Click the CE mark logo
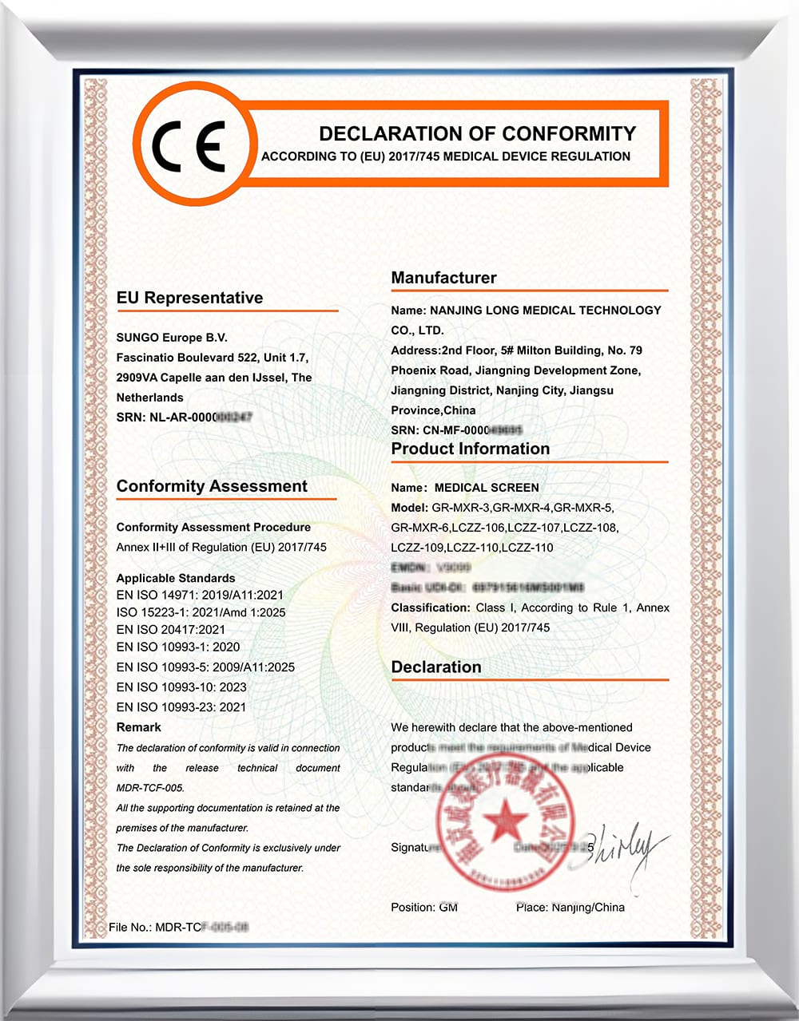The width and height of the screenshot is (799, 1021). (x=189, y=147)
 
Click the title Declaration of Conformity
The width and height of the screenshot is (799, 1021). (x=477, y=133)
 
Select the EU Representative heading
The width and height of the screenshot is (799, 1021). (x=189, y=298)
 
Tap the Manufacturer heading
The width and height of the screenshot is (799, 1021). (x=443, y=278)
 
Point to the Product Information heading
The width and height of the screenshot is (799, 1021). (x=470, y=449)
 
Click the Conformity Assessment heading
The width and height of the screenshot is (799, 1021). (x=212, y=486)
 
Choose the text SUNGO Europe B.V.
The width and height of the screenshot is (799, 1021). (x=172, y=338)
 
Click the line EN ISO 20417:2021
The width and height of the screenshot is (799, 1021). (x=170, y=630)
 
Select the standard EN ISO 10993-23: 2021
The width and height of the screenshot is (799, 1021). (x=181, y=706)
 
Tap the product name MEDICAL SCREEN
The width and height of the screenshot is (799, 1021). (x=486, y=487)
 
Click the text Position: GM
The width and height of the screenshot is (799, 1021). (x=423, y=907)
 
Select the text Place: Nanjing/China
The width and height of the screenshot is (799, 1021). (x=570, y=907)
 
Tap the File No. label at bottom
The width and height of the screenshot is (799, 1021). (x=130, y=927)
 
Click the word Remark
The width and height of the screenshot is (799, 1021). (x=138, y=727)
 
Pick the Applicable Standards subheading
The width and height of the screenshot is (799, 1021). (x=176, y=578)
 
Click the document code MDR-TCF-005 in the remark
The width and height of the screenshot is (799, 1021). (x=150, y=788)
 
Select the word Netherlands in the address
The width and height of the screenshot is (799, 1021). (x=149, y=398)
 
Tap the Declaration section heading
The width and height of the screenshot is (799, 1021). (x=435, y=667)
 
